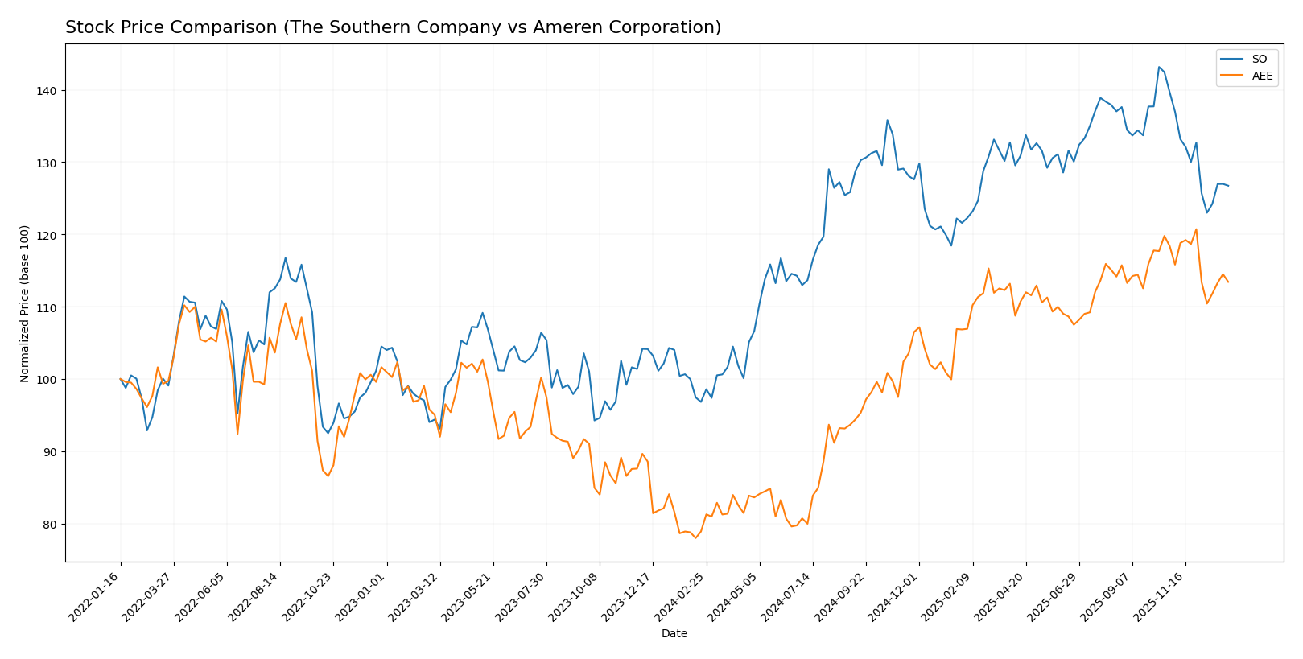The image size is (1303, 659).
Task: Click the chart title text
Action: [x=393, y=28]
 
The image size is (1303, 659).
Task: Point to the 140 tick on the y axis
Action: [x=50, y=91]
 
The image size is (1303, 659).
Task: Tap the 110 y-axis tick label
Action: [x=50, y=307]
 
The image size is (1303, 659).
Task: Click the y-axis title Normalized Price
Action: [x=25, y=304]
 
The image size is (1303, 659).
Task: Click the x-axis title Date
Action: [x=674, y=634]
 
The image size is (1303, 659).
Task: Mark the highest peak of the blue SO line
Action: [x=1158, y=67]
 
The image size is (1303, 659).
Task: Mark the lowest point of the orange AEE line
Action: [x=695, y=537]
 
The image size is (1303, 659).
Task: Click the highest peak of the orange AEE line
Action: [x=1195, y=229]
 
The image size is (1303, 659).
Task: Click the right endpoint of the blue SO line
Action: [x=1228, y=186]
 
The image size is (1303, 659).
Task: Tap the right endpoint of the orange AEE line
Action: [x=1228, y=282]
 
